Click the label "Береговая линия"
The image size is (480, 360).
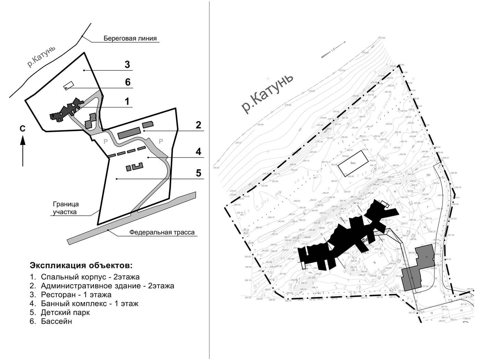pyautogui.click(x=130, y=38)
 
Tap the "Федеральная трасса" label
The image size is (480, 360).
pyautogui.click(x=162, y=232)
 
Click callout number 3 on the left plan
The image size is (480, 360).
pyautogui.click(x=127, y=64)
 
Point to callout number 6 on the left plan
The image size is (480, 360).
pyautogui.click(x=128, y=82)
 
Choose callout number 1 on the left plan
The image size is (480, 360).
pyautogui.click(x=127, y=101)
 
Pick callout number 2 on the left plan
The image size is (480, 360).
pyautogui.click(x=198, y=125)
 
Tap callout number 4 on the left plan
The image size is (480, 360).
pyautogui.click(x=199, y=151)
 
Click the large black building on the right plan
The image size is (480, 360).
pyautogui.click(x=346, y=237)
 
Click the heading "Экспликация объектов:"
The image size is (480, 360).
pyautogui.click(x=81, y=266)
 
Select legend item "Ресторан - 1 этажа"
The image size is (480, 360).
pyautogui.click(x=76, y=295)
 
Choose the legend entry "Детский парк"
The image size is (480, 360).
pyautogui.click(x=65, y=312)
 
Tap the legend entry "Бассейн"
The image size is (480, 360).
pyautogui.click(x=57, y=321)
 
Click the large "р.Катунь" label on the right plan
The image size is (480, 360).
pyautogui.click(x=268, y=92)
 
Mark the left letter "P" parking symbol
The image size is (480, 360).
pyautogui.click(x=106, y=141)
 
